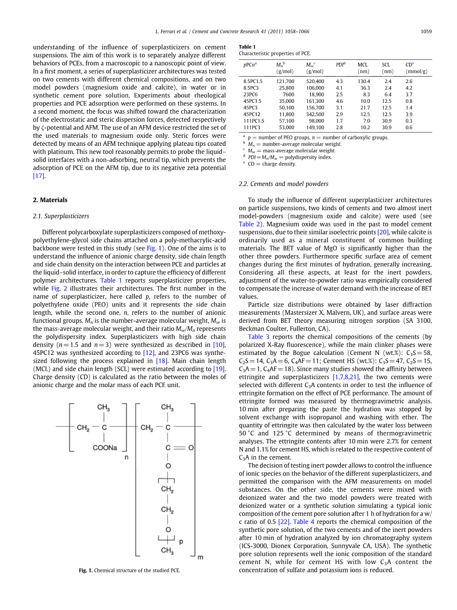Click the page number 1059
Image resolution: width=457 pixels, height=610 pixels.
tap(426, 32)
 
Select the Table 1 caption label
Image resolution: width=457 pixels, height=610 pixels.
tap(247, 47)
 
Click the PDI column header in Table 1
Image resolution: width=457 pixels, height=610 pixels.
tap(340, 65)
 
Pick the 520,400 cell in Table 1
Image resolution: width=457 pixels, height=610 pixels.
tap(315, 81)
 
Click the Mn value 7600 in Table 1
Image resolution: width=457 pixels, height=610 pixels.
tap(288, 94)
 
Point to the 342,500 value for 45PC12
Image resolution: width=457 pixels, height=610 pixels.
tap(315, 114)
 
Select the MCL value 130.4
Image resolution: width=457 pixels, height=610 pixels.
tap(364, 81)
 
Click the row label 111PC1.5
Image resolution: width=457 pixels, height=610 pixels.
tap(253, 121)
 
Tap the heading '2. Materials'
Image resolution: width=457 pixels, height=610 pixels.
tap(50, 200)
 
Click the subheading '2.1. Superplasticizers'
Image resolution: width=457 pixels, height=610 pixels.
tap(61, 216)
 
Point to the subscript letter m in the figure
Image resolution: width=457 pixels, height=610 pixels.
tap(200, 557)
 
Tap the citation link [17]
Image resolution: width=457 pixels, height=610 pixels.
tap(39, 176)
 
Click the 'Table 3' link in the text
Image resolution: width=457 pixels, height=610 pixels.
tap(258, 337)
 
